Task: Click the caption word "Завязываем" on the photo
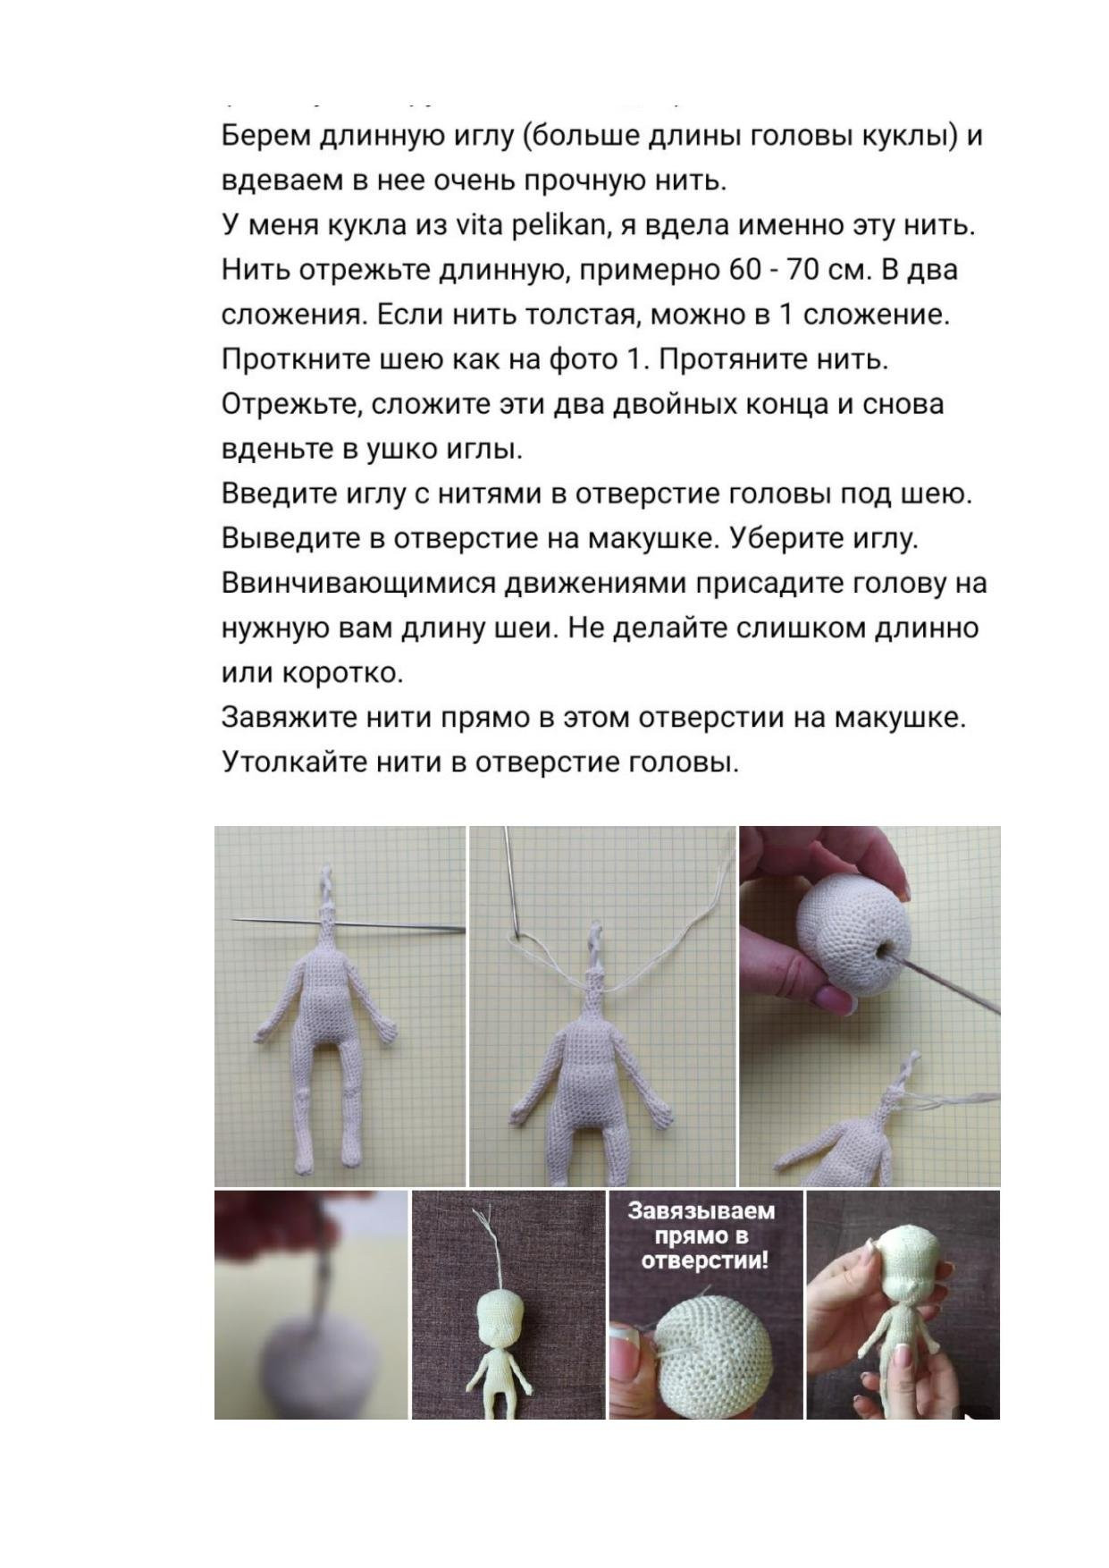702,1211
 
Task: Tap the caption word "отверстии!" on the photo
705,1260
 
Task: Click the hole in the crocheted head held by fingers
888,954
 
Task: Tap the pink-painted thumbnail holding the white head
836,999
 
